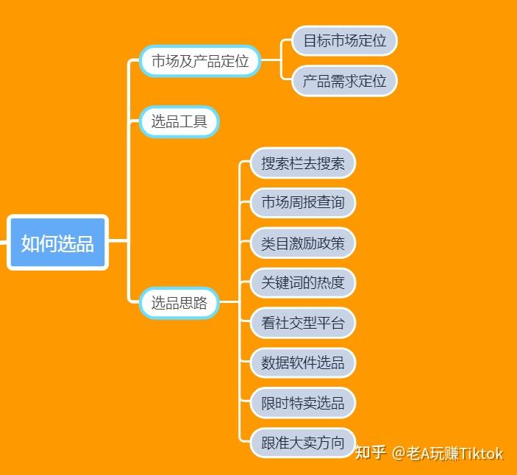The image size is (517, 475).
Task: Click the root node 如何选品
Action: [57, 243]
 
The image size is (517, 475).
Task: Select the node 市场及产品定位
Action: [200, 61]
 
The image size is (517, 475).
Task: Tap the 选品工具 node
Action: [179, 121]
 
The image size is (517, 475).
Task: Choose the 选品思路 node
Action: [179, 302]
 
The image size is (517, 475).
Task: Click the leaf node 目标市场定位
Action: [344, 41]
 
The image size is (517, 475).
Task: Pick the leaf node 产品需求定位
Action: [344, 81]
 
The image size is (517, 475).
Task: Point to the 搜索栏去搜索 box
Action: [303, 162]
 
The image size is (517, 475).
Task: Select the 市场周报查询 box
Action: [303, 202]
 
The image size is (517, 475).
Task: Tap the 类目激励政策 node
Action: [303, 243]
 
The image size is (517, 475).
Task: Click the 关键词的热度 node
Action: [303, 282]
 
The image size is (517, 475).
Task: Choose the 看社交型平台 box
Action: [303, 322]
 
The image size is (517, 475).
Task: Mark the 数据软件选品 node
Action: [303, 362]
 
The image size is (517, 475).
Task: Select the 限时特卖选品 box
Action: [303, 402]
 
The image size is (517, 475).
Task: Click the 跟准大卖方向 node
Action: [303, 443]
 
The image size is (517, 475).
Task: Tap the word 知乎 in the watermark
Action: [370, 453]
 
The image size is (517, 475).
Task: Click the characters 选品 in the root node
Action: [76, 243]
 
